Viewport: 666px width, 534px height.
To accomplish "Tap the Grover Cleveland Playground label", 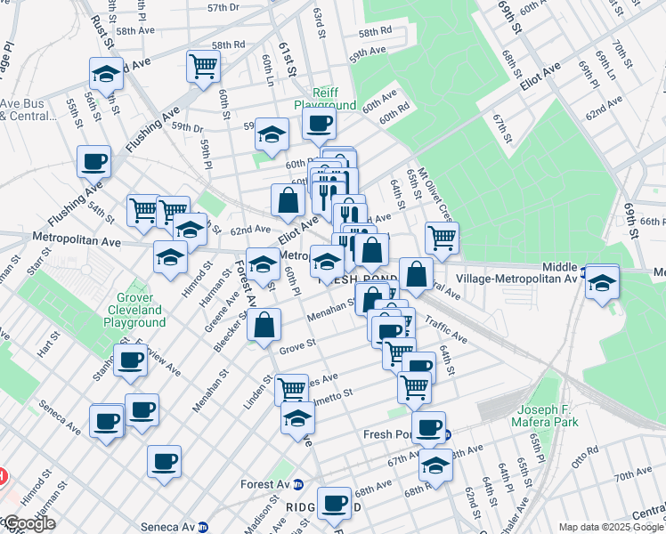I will pos(141,310).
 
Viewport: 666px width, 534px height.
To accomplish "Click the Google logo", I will pos(29,523).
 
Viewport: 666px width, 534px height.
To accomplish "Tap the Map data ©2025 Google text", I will pos(611,527).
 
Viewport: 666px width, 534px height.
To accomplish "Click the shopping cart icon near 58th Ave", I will pos(203,65).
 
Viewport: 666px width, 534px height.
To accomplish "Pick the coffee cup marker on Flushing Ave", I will pos(93,160).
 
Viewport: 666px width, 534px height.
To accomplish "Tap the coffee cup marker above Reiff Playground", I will pos(319,122).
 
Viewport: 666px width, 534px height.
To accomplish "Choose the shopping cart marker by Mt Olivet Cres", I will pos(441,237).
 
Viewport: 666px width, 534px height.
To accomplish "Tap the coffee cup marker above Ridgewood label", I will pos(335,501).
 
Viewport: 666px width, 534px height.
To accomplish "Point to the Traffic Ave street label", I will pos(445,331).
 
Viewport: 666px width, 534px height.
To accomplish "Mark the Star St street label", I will pos(42,256).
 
